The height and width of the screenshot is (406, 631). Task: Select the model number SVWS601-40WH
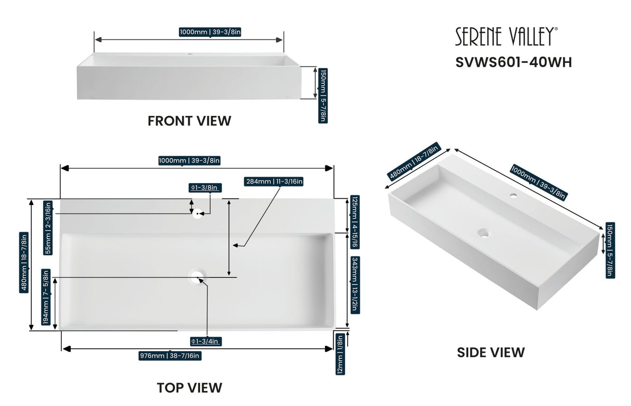coord(514,62)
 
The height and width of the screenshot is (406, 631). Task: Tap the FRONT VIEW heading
coord(189,121)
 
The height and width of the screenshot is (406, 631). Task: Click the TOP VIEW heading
coord(189,387)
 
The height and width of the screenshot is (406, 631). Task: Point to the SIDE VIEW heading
coord(491,353)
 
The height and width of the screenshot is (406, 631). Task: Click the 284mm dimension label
coord(273,181)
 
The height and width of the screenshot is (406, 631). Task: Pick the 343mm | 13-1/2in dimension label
coord(354,283)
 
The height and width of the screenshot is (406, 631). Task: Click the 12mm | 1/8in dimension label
coord(340,355)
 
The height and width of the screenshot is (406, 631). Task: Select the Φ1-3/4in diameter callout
coord(206,341)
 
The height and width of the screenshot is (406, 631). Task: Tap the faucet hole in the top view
coord(198,213)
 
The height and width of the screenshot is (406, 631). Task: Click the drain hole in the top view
coord(198,277)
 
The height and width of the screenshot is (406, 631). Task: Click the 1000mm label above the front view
coord(210,32)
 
